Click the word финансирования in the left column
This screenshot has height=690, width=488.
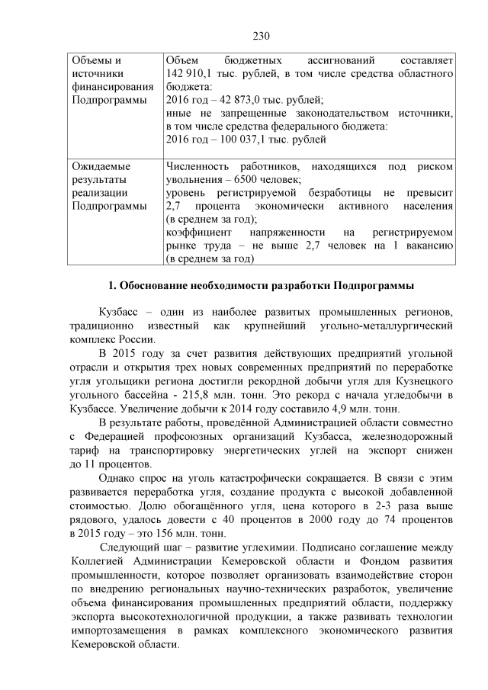tap(108, 85)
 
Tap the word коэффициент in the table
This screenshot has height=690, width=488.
tap(197, 233)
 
